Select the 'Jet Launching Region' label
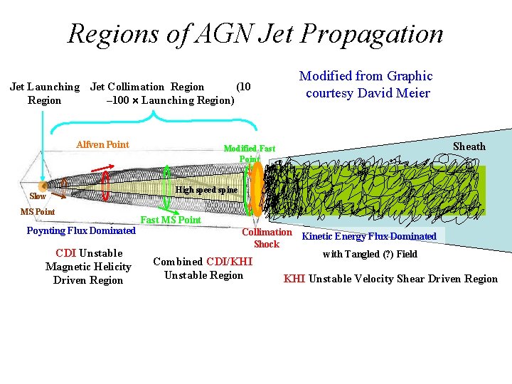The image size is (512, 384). (x=44, y=93)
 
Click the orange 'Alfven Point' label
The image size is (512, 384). (x=102, y=145)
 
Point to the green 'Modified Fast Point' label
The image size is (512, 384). (x=249, y=154)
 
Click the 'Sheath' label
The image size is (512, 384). (x=469, y=146)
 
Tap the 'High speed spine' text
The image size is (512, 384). (x=206, y=190)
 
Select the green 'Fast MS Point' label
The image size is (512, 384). (x=171, y=220)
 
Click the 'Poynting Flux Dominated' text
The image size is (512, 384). (x=80, y=230)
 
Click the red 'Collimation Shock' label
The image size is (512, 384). (x=267, y=238)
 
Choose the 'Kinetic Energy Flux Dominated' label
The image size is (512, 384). (x=369, y=236)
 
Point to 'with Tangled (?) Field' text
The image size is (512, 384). (x=370, y=254)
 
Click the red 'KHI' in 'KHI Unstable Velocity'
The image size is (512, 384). (x=294, y=279)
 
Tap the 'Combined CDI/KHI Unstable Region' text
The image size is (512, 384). (x=203, y=268)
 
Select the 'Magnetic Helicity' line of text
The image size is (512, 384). (x=88, y=267)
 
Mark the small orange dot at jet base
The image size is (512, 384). (x=44, y=187)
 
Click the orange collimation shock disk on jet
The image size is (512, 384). (x=257, y=188)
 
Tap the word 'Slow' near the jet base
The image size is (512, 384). (x=38, y=196)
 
